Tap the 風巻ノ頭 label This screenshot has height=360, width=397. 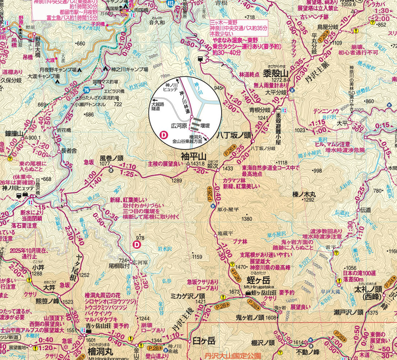coord(111,157)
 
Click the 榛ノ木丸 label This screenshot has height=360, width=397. coord(304,194)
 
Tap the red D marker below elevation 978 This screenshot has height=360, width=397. coord(137,245)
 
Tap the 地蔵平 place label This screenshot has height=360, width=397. coord(225,233)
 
